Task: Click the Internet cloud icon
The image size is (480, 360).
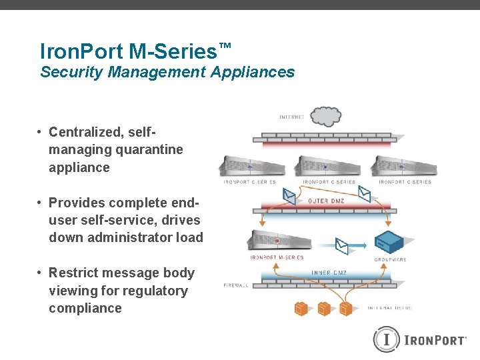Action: click(325, 116)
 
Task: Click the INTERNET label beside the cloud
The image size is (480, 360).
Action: click(292, 117)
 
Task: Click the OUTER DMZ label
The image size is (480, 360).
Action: click(326, 200)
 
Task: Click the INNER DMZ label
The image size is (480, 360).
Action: click(329, 273)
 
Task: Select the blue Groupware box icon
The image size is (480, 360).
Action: click(390, 243)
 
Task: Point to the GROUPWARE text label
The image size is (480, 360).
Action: click(390, 259)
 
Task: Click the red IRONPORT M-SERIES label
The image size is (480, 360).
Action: click(277, 257)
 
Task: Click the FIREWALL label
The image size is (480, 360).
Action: click(236, 285)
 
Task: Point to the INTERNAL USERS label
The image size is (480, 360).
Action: click(390, 308)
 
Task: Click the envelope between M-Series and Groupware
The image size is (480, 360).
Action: click(342, 246)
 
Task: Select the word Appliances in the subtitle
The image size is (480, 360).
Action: click(252, 72)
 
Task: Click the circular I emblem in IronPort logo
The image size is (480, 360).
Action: click(386, 339)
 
